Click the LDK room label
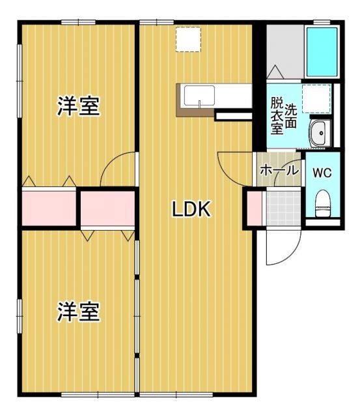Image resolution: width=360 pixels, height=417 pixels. click(191, 208)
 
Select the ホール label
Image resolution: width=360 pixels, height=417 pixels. click(279, 171)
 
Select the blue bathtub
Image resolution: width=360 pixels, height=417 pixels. click(322, 51)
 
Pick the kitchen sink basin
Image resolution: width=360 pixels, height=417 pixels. click(195, 96)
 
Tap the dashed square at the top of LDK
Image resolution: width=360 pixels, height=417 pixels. click(189, 40)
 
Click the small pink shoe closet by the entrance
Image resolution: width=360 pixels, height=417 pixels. click(252, 208)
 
